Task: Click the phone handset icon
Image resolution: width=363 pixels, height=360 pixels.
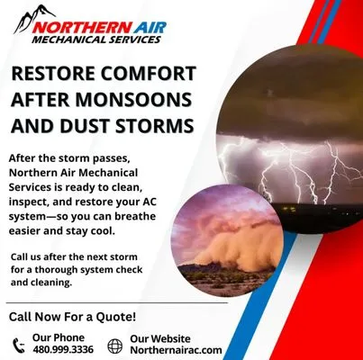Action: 19,344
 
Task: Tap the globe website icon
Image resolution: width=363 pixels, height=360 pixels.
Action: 114,344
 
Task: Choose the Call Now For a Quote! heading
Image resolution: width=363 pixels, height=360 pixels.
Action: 72,317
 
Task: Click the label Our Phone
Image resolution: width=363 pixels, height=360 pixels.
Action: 53,337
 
